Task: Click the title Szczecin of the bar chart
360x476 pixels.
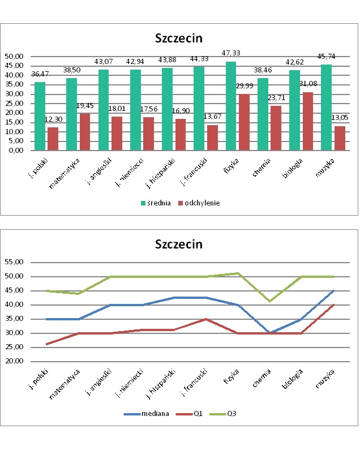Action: pos(179,38)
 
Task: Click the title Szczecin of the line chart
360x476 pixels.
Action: pos(179,245)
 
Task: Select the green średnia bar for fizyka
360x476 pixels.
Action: pos(230,106)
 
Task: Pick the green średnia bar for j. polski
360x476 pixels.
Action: pos(40,116)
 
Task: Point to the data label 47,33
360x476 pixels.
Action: pos(231,53)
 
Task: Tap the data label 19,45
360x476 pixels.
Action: pos(85,106)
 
